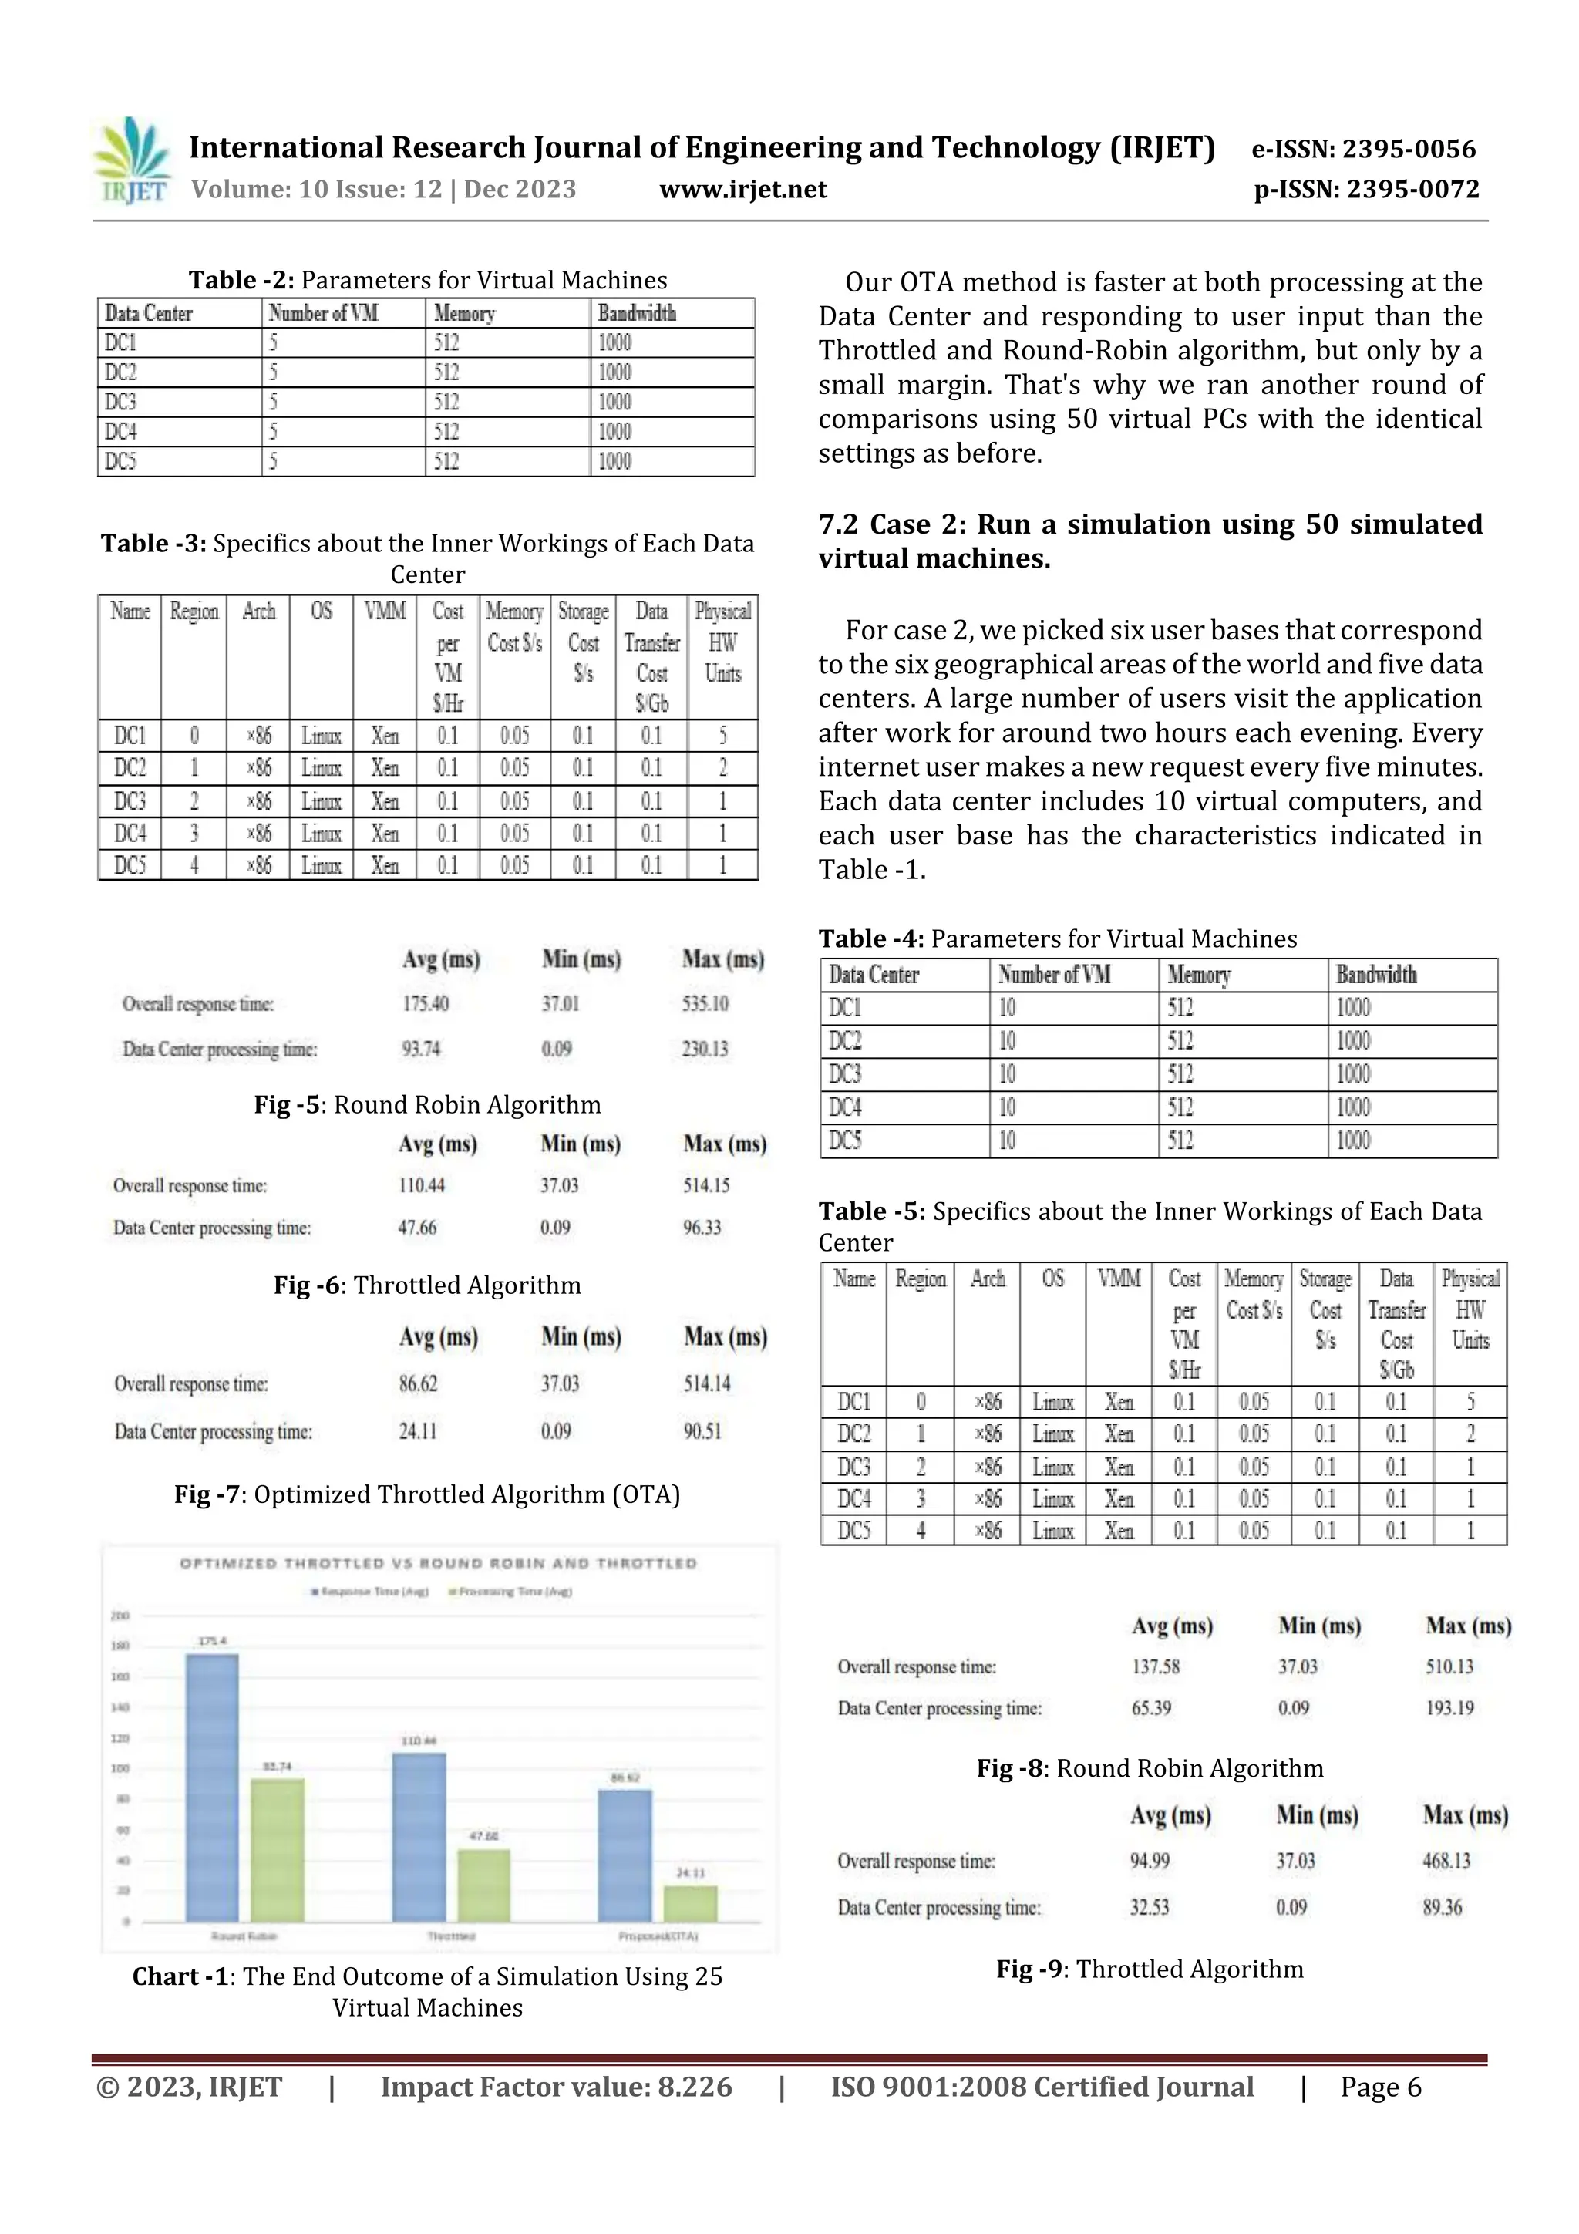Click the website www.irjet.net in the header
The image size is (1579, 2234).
(x=742, y=189)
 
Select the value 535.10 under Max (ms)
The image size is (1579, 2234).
(x=705, y=1003)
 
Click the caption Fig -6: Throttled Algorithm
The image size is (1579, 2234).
(x=427, y=1285)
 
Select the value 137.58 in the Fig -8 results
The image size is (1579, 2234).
(x=1155, y=1666)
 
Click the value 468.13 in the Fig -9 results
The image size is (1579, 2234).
(x=1446, y=1860)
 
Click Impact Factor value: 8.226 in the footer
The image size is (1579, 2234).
(x=556, y=2086)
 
